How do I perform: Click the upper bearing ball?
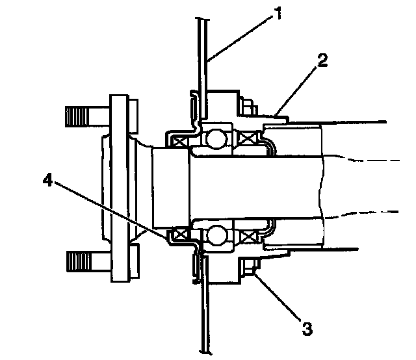point(216,138)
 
